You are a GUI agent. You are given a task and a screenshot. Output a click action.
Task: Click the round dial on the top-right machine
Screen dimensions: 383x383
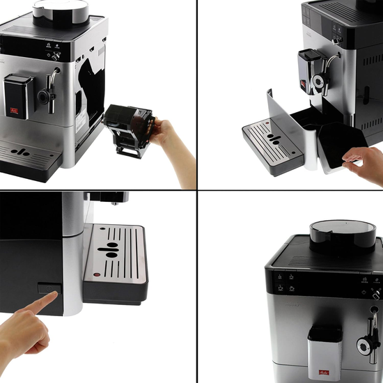pos(318,83)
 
